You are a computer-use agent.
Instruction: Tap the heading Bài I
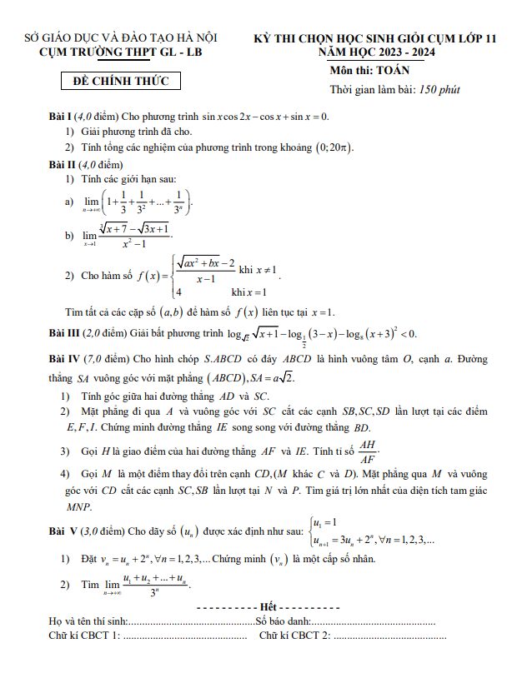[x=61, y=116]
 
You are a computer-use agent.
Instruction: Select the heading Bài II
[x=63, y=164]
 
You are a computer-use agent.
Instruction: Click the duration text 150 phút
[x=439, y=89]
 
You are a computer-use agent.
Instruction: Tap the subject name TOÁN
[x=392, y=70]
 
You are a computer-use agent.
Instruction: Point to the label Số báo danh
[x=283, y=621]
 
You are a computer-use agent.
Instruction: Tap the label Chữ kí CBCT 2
[x=295, y=636]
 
